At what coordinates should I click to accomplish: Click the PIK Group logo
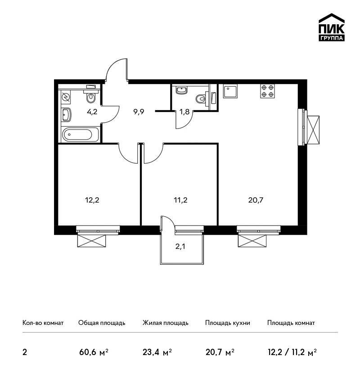pos(332,27)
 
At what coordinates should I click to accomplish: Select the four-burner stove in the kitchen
pos(267,91)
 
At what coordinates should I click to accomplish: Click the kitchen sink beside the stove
pos(230,91)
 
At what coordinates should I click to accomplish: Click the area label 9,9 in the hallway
pos(139,112)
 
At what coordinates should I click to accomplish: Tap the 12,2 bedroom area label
pos(92,200)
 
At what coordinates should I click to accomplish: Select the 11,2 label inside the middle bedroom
pos(180,200)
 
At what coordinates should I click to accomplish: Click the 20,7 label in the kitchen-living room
pos(256,200)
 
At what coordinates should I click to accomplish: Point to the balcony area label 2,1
pos(180,247)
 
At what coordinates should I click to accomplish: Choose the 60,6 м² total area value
pos(94,352)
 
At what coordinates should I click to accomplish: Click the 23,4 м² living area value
pos(157,352)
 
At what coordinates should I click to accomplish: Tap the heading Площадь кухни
pos(228,323)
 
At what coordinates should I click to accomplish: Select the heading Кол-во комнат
pos(43,323)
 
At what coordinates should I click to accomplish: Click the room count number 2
pos(25,352)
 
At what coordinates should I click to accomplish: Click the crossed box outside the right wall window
pos(313,130)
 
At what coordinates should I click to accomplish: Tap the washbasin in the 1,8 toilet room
pos(181,90)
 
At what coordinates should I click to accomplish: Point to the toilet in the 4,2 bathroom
pos(90,97)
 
